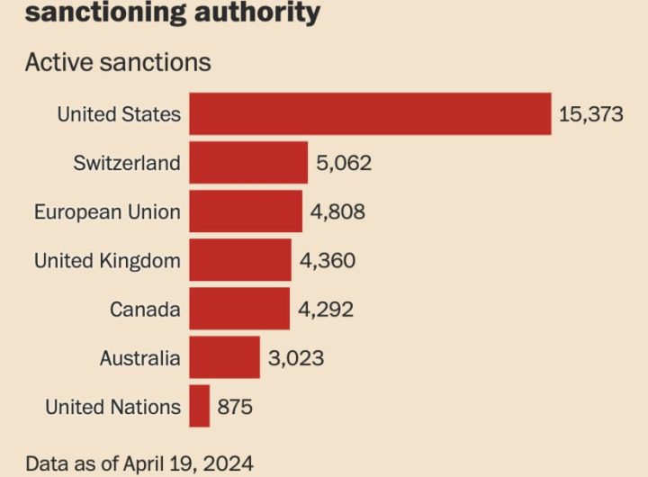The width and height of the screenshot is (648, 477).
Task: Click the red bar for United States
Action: click(x=370, y=113)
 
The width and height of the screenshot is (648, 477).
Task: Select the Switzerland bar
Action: click(x=248, y=162)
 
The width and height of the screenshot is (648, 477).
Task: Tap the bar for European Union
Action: click(x=246, y=211)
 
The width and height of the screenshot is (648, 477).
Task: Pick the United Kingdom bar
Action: click(x=240, y=260)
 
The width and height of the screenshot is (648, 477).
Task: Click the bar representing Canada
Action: click(x=239, y=309)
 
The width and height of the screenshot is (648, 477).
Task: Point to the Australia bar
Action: click(x=225, y=357)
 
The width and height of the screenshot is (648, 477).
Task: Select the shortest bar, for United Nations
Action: click(x=200, y=406)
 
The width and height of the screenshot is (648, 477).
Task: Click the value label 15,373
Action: click(x=591, y=114)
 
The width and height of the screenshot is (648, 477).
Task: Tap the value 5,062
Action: click(x=344, y=163)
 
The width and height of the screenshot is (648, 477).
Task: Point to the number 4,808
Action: click(x=337, y=211)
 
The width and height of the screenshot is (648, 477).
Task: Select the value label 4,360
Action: click(x=328, y=260)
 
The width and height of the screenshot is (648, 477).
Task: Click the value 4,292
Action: click(x=326, y=310)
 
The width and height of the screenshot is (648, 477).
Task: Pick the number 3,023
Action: click(x=296, y=358)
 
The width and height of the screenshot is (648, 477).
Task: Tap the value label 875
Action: click(x=235, y=407)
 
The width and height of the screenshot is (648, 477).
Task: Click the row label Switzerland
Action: click(x=127, y=162)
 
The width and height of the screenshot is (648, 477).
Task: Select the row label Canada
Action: click(x=145, y=310)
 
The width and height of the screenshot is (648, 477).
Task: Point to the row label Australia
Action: click(x=140, y=358)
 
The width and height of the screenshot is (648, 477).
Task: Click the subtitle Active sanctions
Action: click(x=118, y=62)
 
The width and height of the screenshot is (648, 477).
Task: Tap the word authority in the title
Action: click(x=257, y=13)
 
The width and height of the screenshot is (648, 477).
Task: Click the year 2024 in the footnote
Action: click(x=228, y=463)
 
